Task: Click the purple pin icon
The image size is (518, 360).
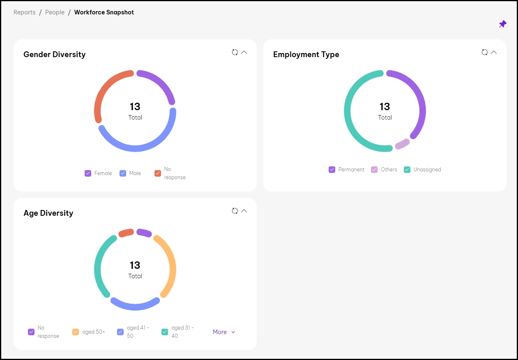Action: click(502, 24)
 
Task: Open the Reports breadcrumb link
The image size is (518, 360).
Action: click(24, 12)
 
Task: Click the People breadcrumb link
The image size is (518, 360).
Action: click(55, 12)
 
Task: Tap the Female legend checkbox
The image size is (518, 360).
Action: click(88, 173)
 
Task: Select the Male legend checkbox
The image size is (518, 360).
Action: click(123, 173)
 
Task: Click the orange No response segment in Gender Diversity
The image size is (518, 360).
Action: click(105, 89)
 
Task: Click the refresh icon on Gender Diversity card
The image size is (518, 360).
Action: click(235, 52)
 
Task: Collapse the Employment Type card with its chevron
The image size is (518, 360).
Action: click(494, 52)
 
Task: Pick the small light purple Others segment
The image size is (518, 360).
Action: click(402, 144)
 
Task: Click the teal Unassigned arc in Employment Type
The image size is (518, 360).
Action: click(349, 115)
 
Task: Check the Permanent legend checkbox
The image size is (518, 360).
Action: click(332, 170)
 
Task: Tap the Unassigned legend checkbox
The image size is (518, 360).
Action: click(407, 170)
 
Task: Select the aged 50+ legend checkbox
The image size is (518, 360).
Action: click(76, 332)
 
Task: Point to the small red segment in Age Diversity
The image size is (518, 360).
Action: click(126, 233)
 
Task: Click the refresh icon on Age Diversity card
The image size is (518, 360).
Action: click(235, 211)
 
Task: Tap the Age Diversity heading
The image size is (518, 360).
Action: click(48, 213)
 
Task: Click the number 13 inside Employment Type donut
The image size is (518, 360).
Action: click(384, 107)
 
